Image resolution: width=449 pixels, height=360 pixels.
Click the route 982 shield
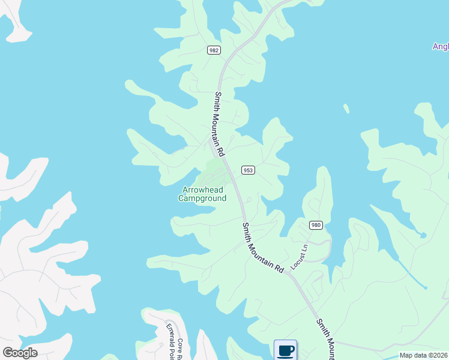214,50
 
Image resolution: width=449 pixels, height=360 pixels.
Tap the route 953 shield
249,170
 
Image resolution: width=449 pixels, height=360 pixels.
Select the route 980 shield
316,225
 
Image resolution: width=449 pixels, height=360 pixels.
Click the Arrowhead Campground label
203,194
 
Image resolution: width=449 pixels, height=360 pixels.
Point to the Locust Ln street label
298,256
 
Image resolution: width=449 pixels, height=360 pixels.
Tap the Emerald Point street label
169,339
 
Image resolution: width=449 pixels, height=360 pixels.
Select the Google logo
20,353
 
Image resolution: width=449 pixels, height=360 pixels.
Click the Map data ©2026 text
424,355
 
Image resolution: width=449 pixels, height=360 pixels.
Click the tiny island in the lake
346,109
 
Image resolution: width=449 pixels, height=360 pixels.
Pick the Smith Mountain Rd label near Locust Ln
262,248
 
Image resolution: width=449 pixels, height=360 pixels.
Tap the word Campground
203,198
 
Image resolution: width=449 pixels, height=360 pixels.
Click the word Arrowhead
203,190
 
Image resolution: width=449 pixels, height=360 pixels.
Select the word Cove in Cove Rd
179,344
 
